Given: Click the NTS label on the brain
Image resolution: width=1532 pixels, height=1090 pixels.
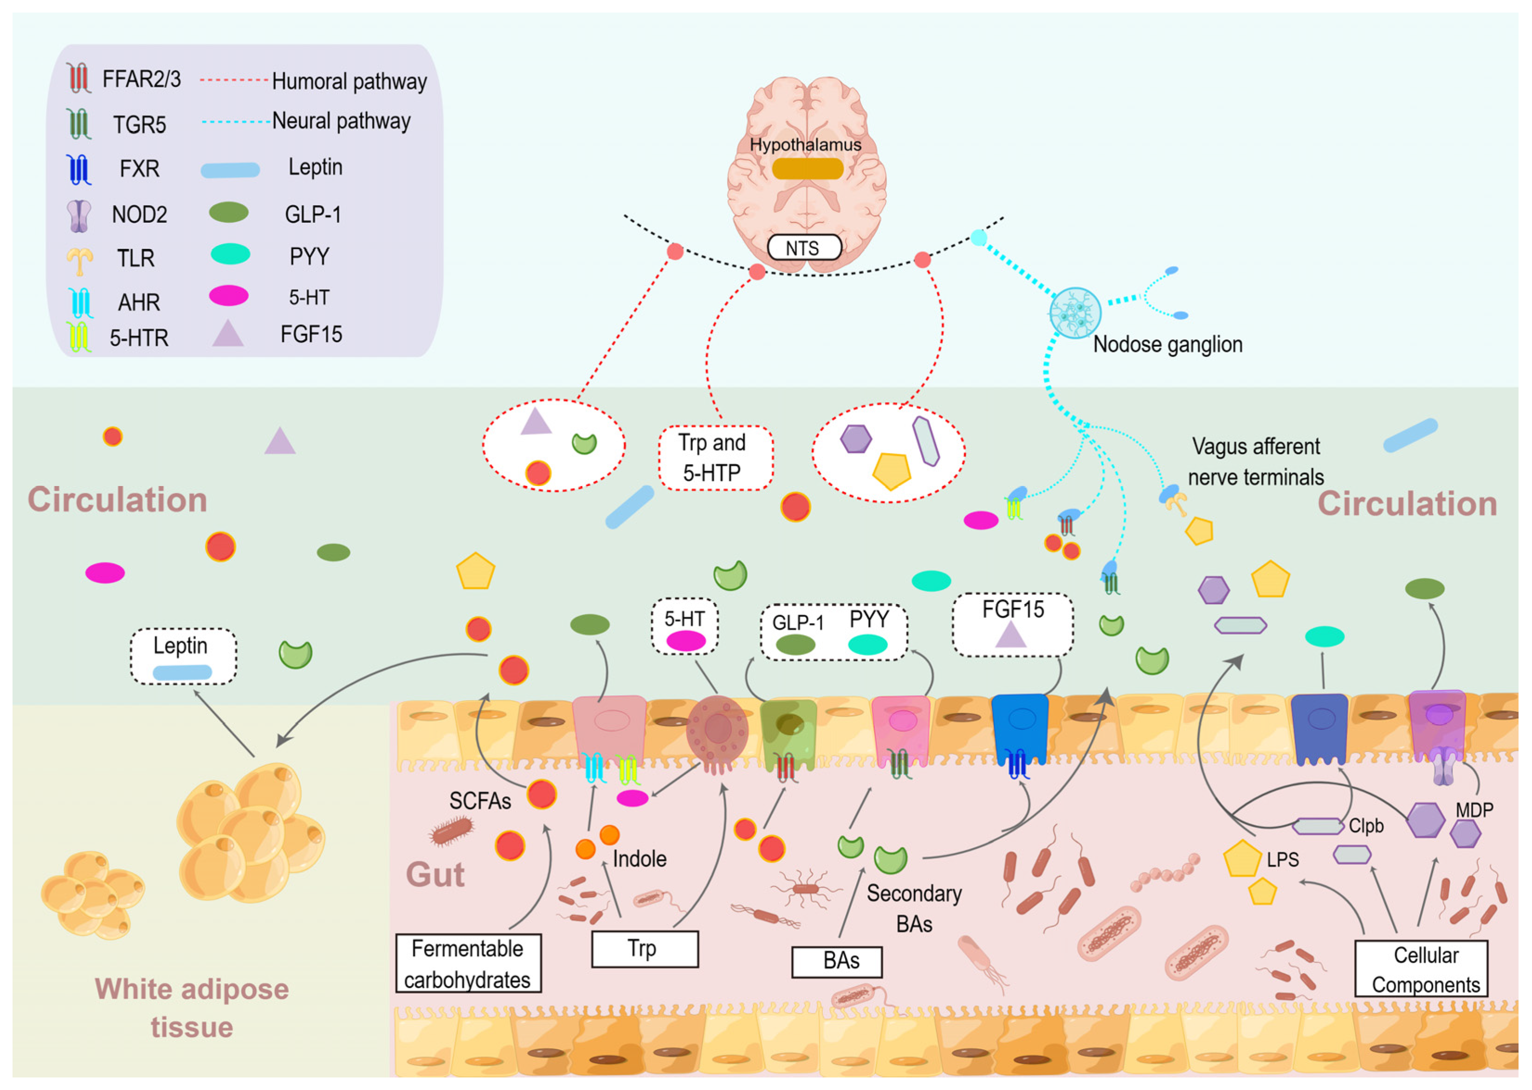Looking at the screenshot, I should [x=804, y=248].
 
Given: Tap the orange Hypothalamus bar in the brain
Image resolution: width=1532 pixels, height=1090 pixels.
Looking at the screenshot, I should [x=807, y=169].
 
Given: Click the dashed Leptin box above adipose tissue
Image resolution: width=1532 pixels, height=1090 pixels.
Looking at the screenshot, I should [x=182, y=656].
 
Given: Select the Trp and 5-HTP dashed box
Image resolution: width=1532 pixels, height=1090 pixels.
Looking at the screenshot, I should [x=715, y=458].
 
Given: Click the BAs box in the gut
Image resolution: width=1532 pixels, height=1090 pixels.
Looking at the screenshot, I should [x=837, y=961].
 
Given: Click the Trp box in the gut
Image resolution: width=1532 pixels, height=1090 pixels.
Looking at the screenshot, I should [x=644, y=948].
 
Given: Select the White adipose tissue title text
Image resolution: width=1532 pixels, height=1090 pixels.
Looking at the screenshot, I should [x=192, y=1007].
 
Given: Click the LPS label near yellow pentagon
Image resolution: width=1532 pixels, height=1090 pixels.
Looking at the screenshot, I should [x=1282, y=860].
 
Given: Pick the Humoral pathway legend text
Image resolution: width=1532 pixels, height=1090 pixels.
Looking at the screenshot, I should [x=349, y=81].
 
